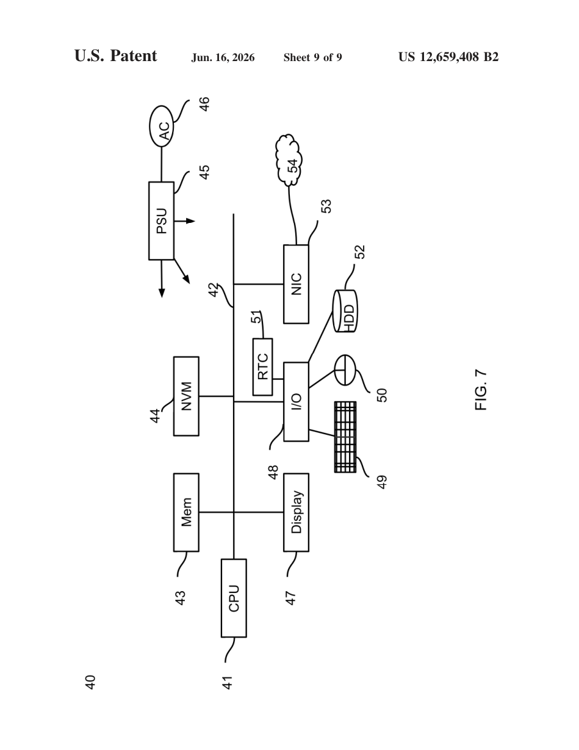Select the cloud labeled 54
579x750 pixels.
pos(289,160)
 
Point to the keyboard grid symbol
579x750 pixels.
pos(345,437)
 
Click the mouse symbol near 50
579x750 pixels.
pos(345,370)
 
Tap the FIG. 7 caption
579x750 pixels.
pos(481,390)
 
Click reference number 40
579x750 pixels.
pos(90,683)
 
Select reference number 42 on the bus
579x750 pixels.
pos(214,290)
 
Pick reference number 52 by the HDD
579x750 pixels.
pos(359,252)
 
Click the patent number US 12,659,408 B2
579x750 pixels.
pos(448,57)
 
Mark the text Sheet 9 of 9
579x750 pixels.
pos(312,57)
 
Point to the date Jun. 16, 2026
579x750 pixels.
pos(223,57)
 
